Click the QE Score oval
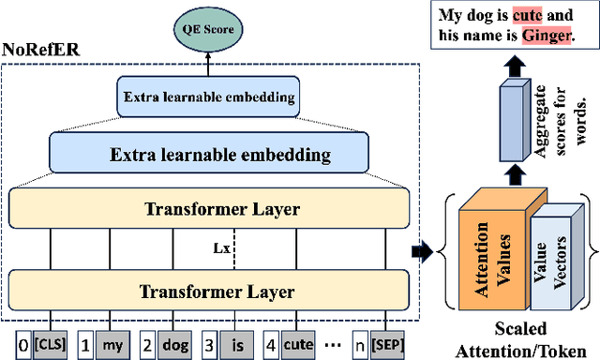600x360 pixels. point(208,28)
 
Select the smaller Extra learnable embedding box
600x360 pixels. point(208,96)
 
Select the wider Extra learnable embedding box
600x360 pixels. point(208,153)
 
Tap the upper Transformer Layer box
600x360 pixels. point(208,209)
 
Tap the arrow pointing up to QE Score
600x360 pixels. point(208,59)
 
